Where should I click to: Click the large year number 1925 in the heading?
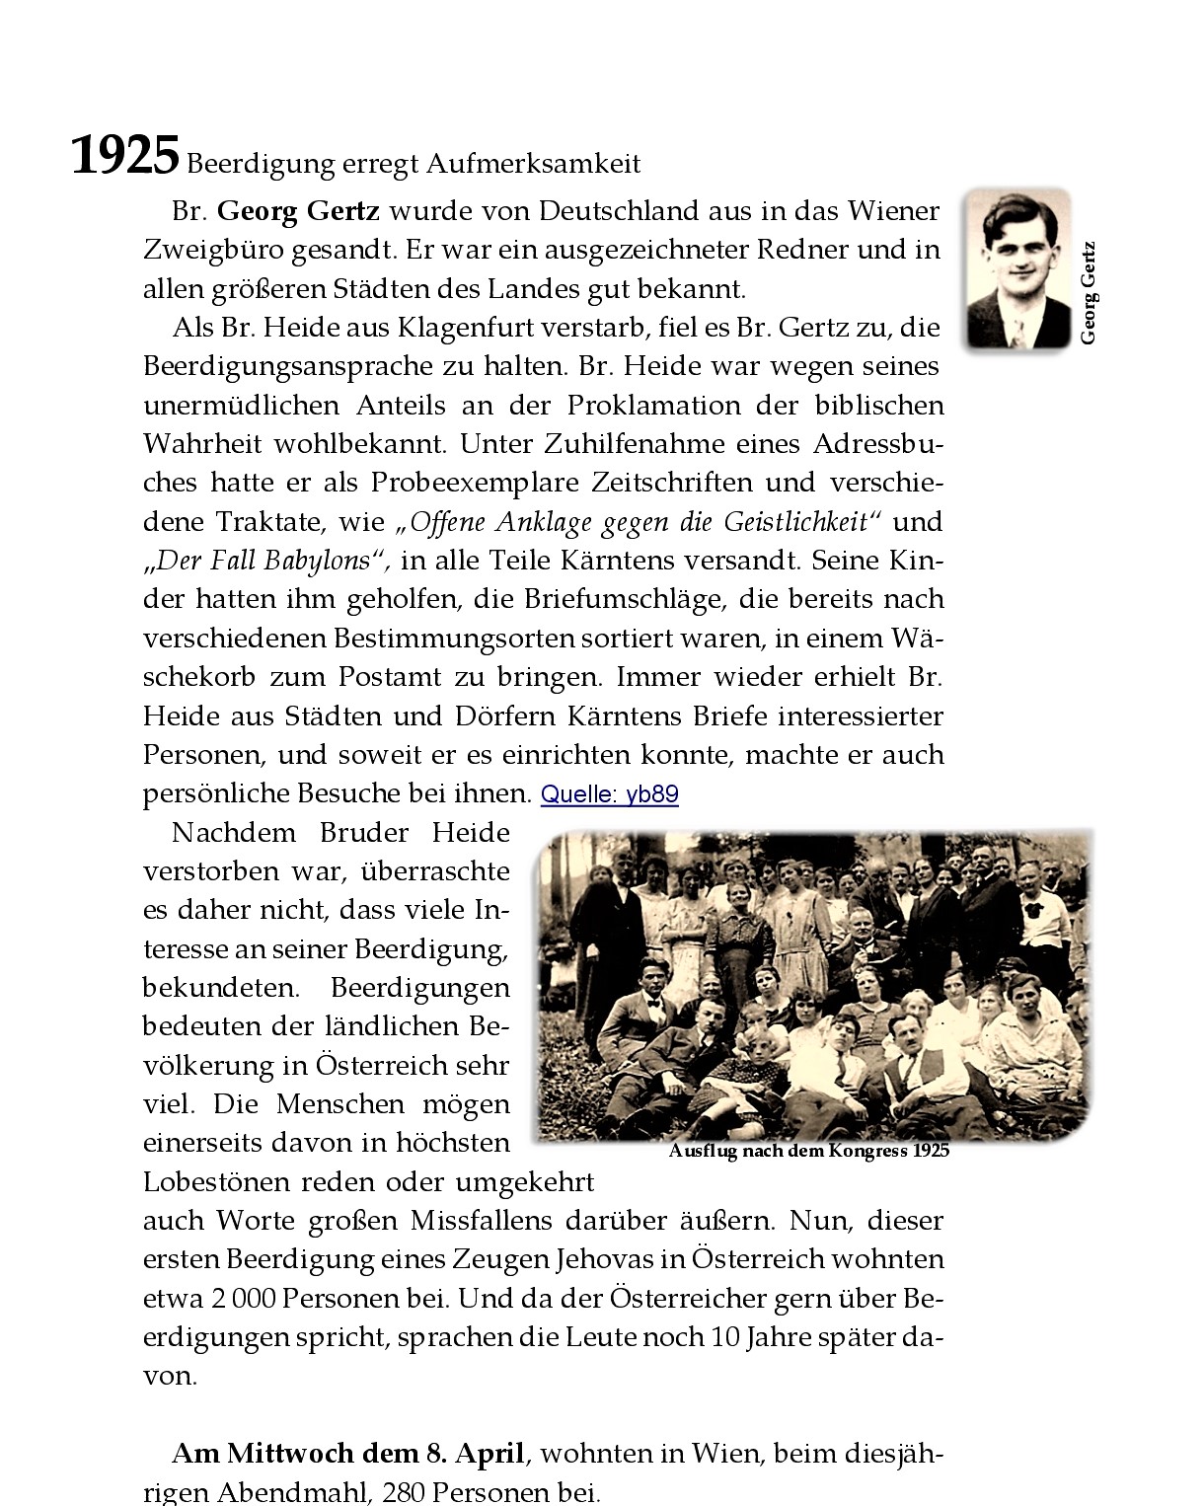point(125,157)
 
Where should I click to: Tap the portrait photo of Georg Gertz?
point(1017,268)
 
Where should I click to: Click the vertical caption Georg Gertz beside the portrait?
point(1088,293)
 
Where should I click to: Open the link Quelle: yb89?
point(609,794)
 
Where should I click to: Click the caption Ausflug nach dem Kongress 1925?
point(808,1151)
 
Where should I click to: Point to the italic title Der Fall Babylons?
point(263,561)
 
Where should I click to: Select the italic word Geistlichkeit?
point(795,521)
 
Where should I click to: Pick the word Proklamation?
point(653,405)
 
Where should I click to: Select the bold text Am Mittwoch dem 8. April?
point(348,1454)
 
